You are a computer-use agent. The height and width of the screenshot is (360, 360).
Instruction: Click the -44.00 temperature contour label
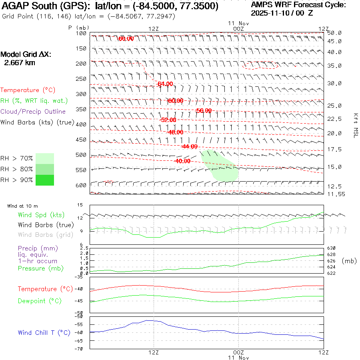coord(190,146)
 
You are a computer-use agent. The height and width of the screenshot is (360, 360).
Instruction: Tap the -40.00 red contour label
coord(183,161)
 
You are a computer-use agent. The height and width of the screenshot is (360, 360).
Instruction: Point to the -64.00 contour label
coord(165,84)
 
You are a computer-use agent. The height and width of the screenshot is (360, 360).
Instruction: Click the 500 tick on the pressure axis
coord(82,155)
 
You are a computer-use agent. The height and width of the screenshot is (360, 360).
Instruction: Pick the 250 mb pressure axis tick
coord(82,79)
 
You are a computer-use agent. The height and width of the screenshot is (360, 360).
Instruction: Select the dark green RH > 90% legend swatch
coord(44,180)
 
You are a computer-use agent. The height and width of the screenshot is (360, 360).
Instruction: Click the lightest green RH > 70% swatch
coord(44,158)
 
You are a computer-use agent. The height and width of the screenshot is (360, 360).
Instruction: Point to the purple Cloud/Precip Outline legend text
coord(33,111)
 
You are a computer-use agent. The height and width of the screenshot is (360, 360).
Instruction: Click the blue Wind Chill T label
coord(44,332)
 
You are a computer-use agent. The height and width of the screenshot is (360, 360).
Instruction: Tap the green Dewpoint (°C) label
coord(40,301)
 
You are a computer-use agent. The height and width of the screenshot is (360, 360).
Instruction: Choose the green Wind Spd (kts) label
coord(41,215)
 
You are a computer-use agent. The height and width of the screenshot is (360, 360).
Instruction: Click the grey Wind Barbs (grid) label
coord(46,235)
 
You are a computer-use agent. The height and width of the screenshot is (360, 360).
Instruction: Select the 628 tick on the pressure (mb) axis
coord(332,254)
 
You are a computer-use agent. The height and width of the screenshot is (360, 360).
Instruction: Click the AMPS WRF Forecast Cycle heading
coord(298,5)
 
